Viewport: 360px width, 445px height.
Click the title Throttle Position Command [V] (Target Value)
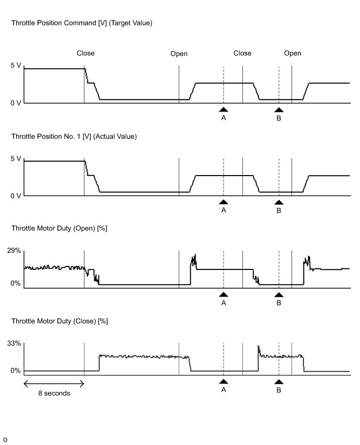[x=81, y=23]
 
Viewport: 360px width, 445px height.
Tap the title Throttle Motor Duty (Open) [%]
[x=59, y=229]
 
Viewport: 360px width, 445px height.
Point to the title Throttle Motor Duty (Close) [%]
[x=60, y=321]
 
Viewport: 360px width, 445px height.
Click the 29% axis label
[x=14, y=251]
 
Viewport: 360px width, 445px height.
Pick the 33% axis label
[x=14, y=344]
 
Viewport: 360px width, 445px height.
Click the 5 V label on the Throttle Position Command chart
[x=16, y=66]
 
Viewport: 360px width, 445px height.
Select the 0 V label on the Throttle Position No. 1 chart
[x=16, y=196]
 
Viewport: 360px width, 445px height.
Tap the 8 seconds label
[x=54, y=394]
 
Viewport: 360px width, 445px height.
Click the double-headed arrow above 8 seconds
[x=54, y=383]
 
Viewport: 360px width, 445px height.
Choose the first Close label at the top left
[x=85, y=53]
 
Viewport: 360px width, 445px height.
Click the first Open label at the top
[x=179, y=53]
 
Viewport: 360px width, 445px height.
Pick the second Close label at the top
[x=242, y=53]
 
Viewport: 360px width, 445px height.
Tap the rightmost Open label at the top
[x=292, y=53]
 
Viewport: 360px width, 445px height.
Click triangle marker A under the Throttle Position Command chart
[x=224, y=109]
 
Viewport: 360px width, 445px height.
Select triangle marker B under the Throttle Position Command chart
[x=279, y=109]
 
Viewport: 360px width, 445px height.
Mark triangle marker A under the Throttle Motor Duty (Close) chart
[x=224, y=381]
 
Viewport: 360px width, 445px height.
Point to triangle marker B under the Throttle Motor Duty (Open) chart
[x=279, y=295]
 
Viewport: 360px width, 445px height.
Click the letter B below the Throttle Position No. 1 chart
[x=279, y=210]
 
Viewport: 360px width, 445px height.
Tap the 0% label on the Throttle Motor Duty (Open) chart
[x=16, y=284]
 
